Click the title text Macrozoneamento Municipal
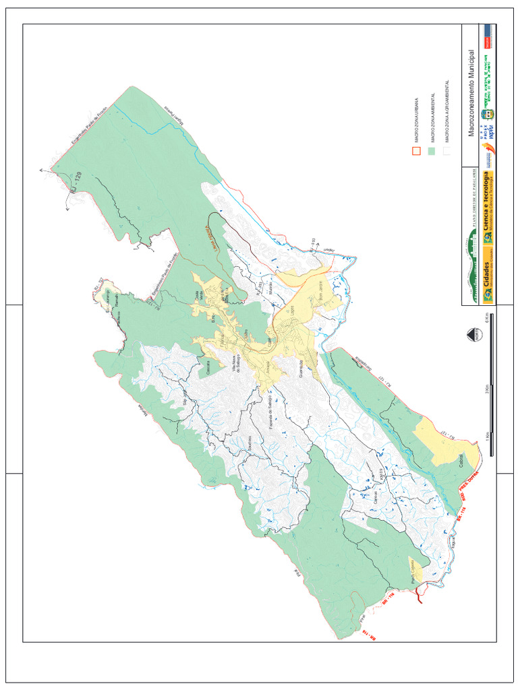(x=471, y=93)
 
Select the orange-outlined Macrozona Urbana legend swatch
(x=416, y=152)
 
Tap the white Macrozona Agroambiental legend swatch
(x=447, y=152)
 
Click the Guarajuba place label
(x=300, y=370)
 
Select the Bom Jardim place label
(x=321, y=291)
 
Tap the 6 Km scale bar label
(x=486, y=316)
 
